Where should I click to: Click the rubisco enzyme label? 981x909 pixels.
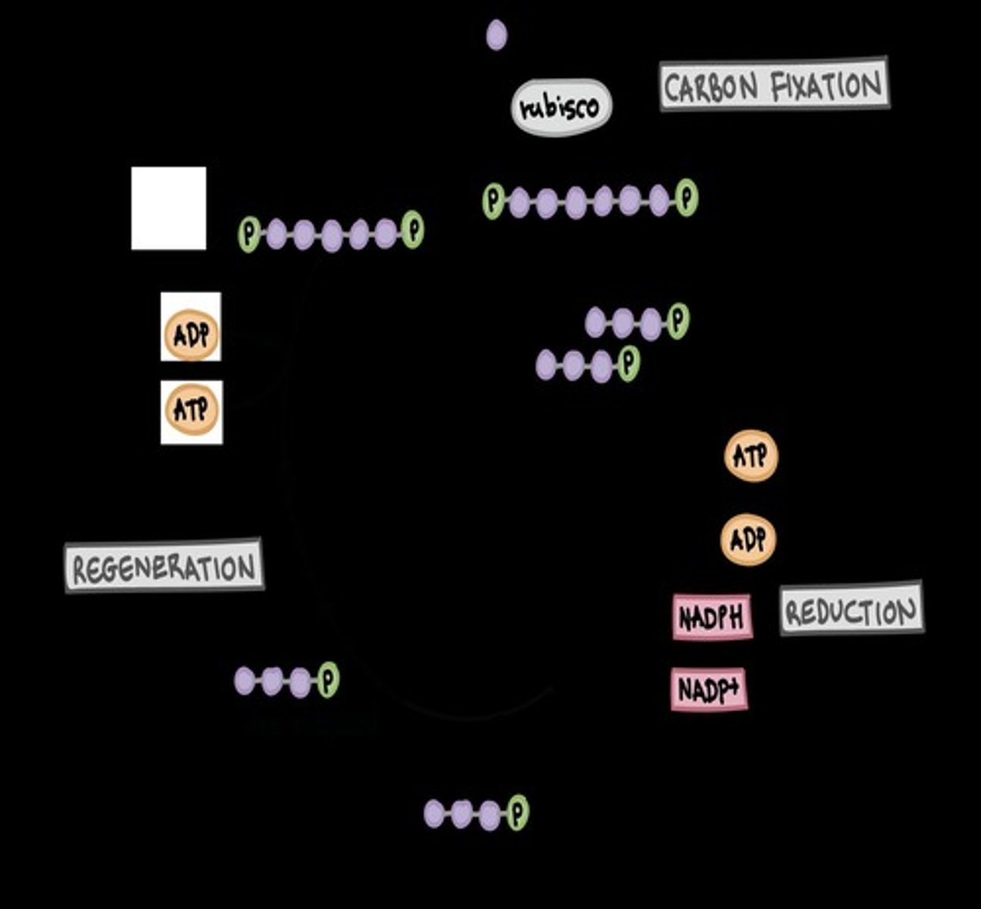[x=561, y=108]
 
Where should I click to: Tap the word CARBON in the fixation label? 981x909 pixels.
[x=710, y=87]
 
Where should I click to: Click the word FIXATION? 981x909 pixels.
[x=826, y=85]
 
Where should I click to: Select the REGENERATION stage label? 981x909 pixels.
[x=164, y=567]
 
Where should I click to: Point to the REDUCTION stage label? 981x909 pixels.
[x=851, y=610]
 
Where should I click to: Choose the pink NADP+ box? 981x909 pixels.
[x=709, y=689]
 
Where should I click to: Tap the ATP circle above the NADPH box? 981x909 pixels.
[x=751, y=456]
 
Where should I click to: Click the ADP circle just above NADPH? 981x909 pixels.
[x=748, y=540]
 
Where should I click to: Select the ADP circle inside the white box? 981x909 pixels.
[x=191, y=334]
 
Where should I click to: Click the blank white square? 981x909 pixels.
[x=168, y=208]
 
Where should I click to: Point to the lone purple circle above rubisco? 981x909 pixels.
[x=496, y=35]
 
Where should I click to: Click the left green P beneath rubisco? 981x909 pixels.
[x=493, y=201]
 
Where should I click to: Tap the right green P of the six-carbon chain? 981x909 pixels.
[x=686, y=198]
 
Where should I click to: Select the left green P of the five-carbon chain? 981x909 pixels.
[x=248, y=233]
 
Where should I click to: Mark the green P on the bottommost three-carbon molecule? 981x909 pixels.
[x=517, y=813]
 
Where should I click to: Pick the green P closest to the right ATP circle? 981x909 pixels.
[x=678, y=320]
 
